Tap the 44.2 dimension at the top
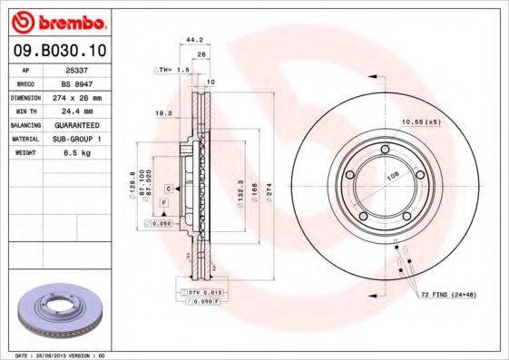(x=192, y=40)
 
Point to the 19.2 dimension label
(x=165, y=114)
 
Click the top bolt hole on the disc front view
(x=385, y=150)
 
